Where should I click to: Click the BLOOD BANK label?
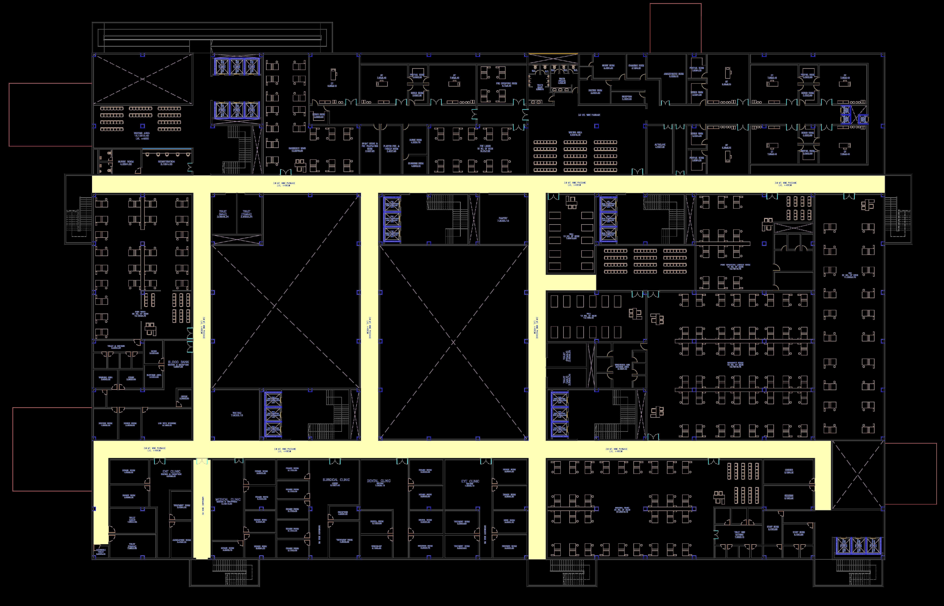click(x=179, y=362)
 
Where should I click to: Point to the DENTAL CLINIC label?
click(x=379, y=481)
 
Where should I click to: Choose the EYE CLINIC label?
click(x=470, y=481)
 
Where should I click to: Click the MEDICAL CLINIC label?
click(x=228, y=500)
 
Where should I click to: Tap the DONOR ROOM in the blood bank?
click(x=130, y=424)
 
